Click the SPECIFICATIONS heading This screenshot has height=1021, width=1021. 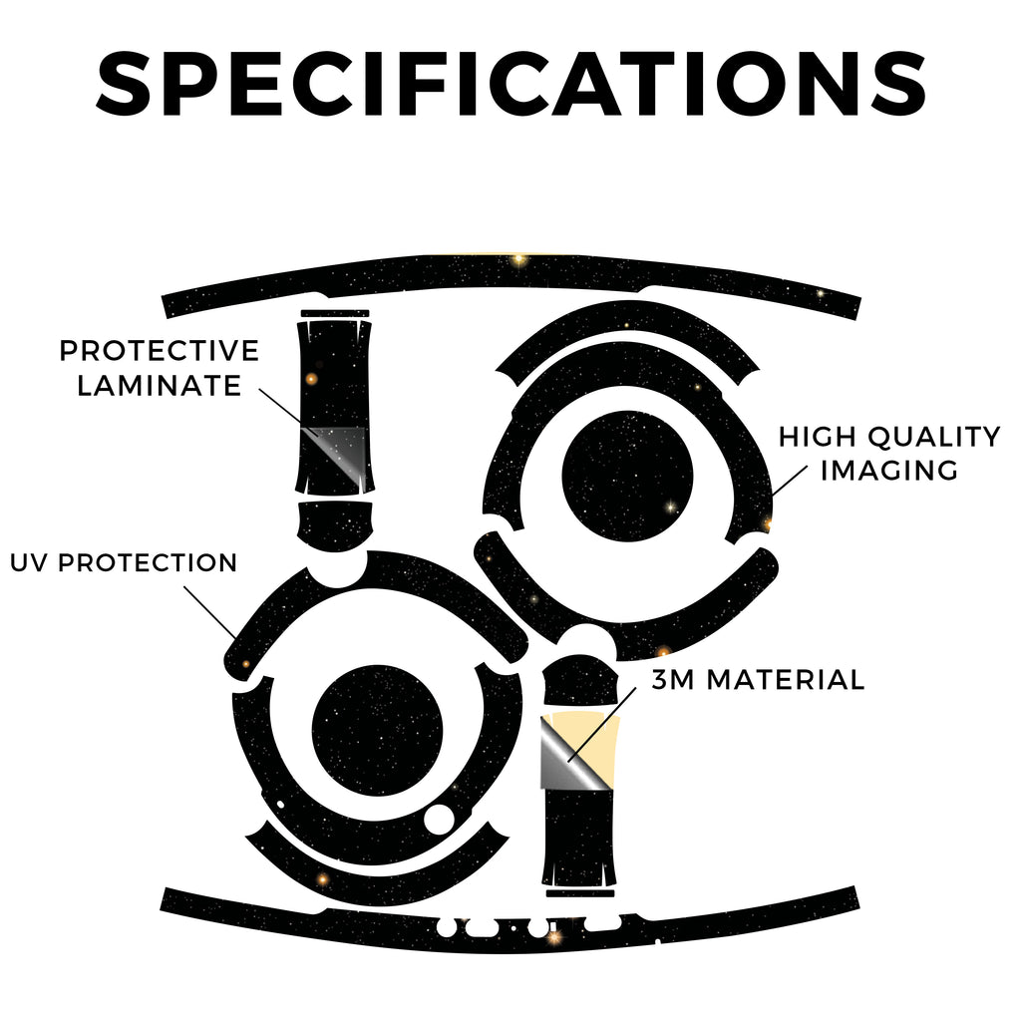point(510,84)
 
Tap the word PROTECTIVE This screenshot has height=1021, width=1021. point(160,351)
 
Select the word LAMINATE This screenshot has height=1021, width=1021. point(160,386)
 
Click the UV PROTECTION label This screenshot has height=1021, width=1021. point(124,562)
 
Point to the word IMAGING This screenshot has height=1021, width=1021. point(888,471)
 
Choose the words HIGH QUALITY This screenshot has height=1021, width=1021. point(889,437)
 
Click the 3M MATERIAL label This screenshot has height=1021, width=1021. point(758,680)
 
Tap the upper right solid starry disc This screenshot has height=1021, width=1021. point(627,476)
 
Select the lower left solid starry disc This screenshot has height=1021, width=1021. point(377,730)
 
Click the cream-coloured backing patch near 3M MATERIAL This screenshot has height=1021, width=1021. point(596,742)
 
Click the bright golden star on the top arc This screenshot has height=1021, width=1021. point(518,260)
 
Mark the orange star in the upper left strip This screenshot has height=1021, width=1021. point(311,379)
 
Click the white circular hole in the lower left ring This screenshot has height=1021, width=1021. point(439,819)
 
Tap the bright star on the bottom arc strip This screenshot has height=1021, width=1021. point(554,937)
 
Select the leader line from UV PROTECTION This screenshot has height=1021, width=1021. point(209,612)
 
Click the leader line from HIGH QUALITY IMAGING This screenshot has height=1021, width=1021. point(790,481)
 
